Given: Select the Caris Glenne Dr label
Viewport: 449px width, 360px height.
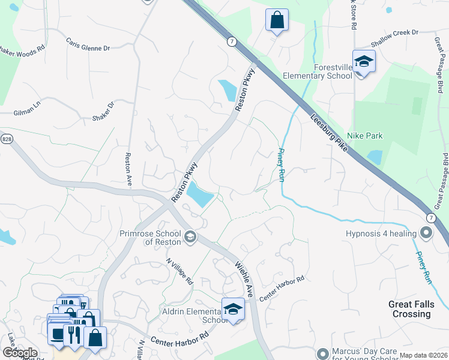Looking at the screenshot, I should point(88,46).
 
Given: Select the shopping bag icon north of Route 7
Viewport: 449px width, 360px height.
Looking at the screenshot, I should point(277,20).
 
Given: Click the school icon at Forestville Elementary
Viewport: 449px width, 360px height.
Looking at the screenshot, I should point(364,62).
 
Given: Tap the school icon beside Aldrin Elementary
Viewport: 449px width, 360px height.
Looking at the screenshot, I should point(234,310).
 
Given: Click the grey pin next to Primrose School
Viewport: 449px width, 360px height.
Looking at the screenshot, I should point(190,238).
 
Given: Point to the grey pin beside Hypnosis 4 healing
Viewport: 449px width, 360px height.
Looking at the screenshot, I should point(427,232).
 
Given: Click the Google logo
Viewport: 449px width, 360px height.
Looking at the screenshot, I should point(19,353).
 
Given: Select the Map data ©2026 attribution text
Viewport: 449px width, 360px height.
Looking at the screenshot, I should point(423,355).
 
